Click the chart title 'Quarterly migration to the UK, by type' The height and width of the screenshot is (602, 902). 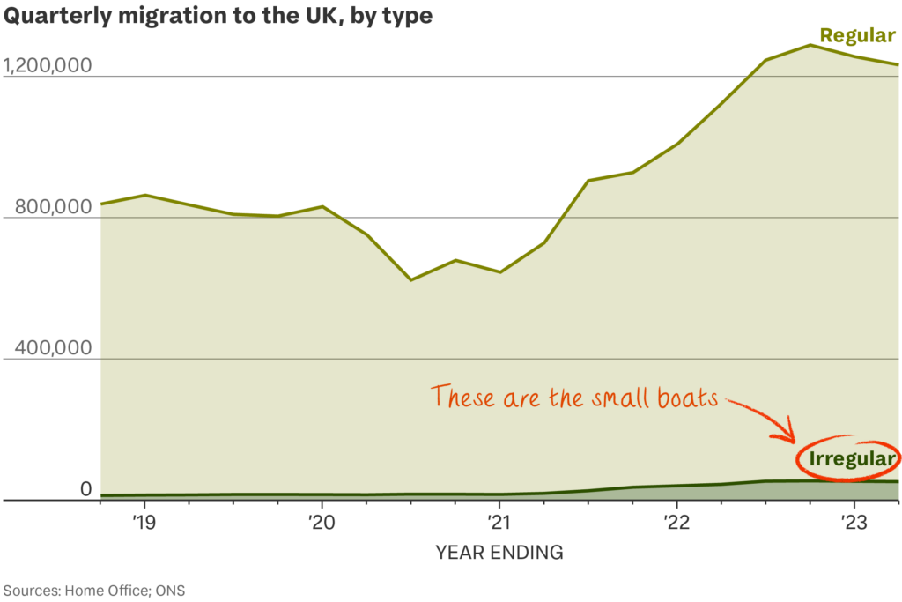pyautogui.click(x=218, y=18)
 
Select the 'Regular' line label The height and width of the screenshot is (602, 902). pyautogui.click(x=857, y=35)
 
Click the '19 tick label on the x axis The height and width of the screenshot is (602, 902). pyautogui.click(x=144, y=522)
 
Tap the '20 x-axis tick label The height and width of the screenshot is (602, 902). pyautogui.click(x=321, y=522)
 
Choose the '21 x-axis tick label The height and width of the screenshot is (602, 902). pyautogui.click(x=499, y=522)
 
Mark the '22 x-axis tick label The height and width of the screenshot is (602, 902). pyautogui.click(x=676, y=522)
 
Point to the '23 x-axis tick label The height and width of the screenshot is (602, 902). pyautogui.click(x=853, y=522)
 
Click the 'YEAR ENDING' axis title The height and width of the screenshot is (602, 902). pyautogui.click(x=499, y=553)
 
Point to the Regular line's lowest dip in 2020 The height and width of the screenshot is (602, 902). pyautogui.click(x=410, y=279)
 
